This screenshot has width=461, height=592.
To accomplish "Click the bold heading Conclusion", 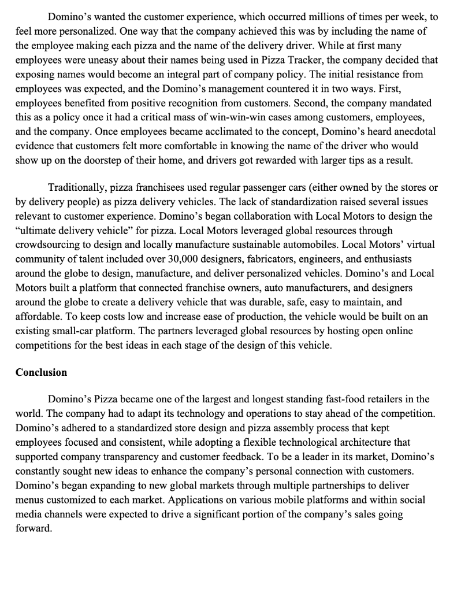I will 41,372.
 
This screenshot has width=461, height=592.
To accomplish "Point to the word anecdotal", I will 410,131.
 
